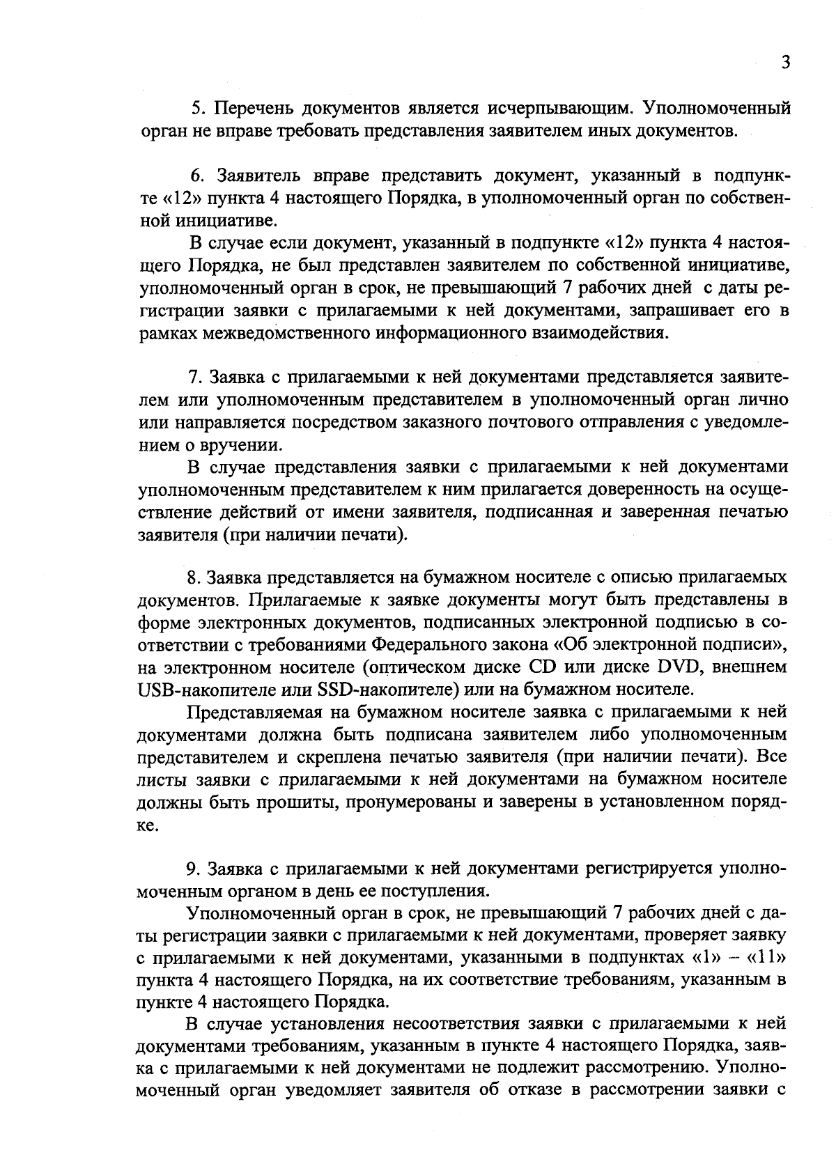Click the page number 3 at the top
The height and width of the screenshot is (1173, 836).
(785, 63)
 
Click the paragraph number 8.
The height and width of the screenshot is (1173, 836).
(193, 578)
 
